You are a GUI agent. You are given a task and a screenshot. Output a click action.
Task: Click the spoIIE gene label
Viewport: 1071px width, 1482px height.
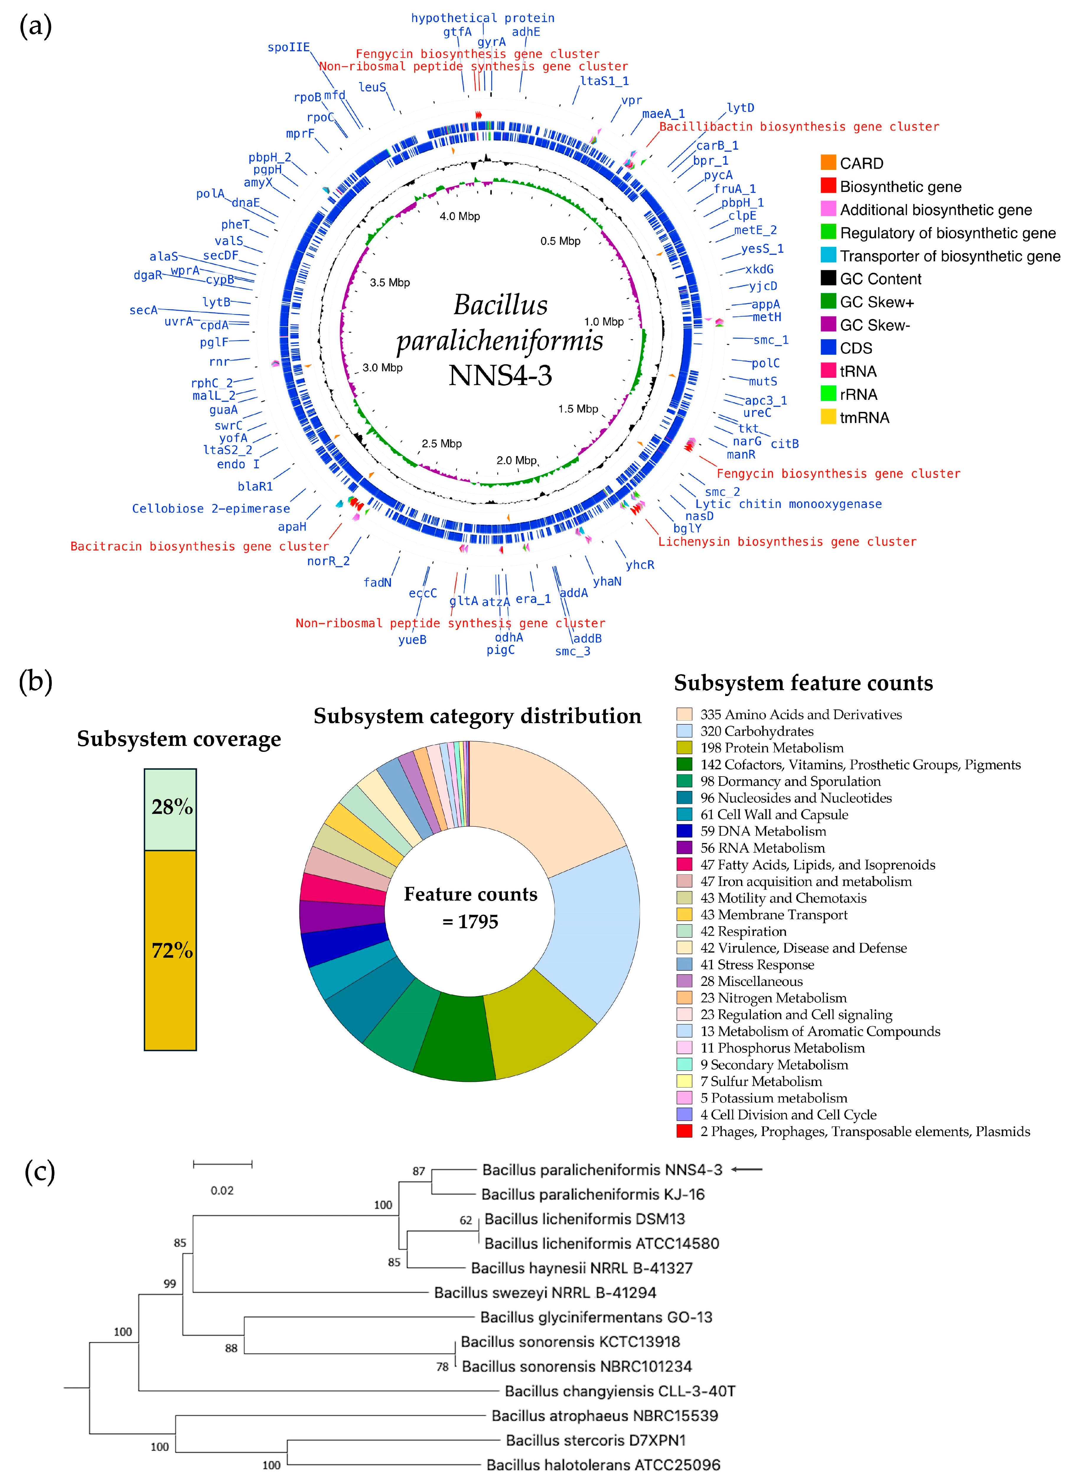pyautogui.click(x=288, y=47)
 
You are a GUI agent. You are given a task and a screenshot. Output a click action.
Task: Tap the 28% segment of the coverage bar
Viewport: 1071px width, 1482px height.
pyautogui.click(x=171, y=809)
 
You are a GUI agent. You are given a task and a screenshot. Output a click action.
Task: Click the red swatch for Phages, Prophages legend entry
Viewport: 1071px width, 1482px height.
pyautogui.click(x=684, y=1131)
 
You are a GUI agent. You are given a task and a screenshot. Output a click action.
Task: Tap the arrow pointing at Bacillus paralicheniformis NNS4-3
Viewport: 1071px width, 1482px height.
pyautogui.click(x=746, y=1170)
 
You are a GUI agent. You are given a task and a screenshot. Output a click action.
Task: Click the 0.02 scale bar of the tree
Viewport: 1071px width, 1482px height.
pyautogui.click(x=222, y=1164)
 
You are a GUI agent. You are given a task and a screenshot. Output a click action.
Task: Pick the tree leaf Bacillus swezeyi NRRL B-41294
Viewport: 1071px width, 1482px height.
pyautogui.click(x=545, y=1292)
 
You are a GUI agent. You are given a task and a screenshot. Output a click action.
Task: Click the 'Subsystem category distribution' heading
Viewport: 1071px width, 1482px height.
pyautogui.click(x=477, y=716)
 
